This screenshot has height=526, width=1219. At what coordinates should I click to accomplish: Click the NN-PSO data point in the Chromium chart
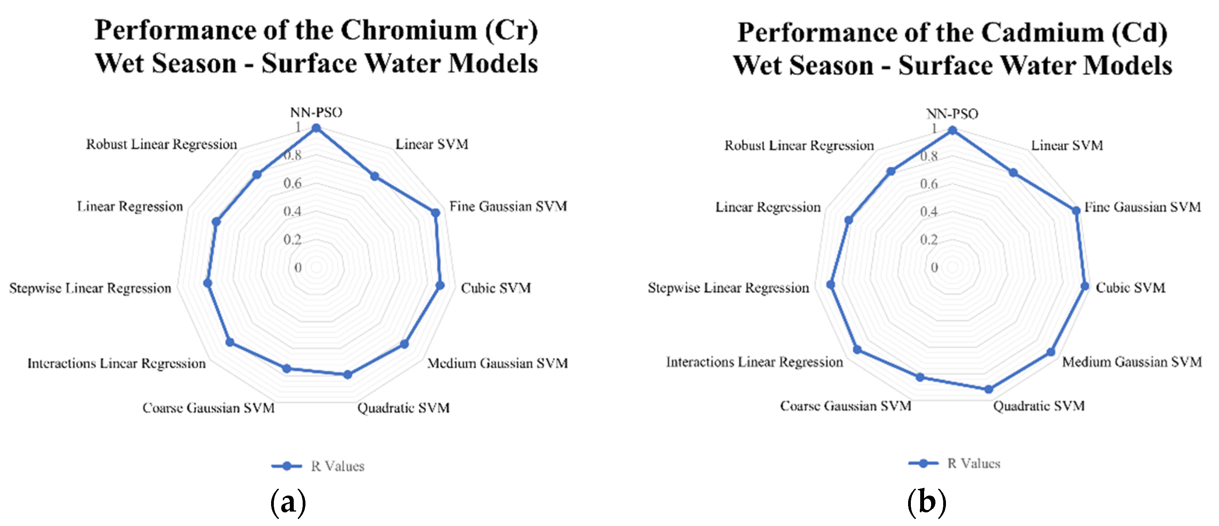tap(316, 128)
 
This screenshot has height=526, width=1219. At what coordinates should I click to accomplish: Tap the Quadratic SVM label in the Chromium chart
tap(403, 408)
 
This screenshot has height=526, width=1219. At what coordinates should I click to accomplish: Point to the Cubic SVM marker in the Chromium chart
tap(440, 285)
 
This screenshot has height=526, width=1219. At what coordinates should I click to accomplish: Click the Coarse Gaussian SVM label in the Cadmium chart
tap(846, 406)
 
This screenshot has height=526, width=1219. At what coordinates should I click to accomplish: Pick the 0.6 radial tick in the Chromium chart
tap(293, 183)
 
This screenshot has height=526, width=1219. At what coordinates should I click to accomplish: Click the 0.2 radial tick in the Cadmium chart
tap(928, 240)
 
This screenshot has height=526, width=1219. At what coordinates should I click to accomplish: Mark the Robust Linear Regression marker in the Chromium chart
tap(257, 175)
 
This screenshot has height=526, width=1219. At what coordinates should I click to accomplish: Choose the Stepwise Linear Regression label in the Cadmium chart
tap(728, 288)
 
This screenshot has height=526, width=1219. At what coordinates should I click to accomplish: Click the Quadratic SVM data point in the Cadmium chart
tap(988, 389)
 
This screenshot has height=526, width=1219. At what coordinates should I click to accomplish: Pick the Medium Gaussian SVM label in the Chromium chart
tap(497, 363)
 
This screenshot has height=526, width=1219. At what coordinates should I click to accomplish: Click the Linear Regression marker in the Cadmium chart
tap(848, 220)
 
